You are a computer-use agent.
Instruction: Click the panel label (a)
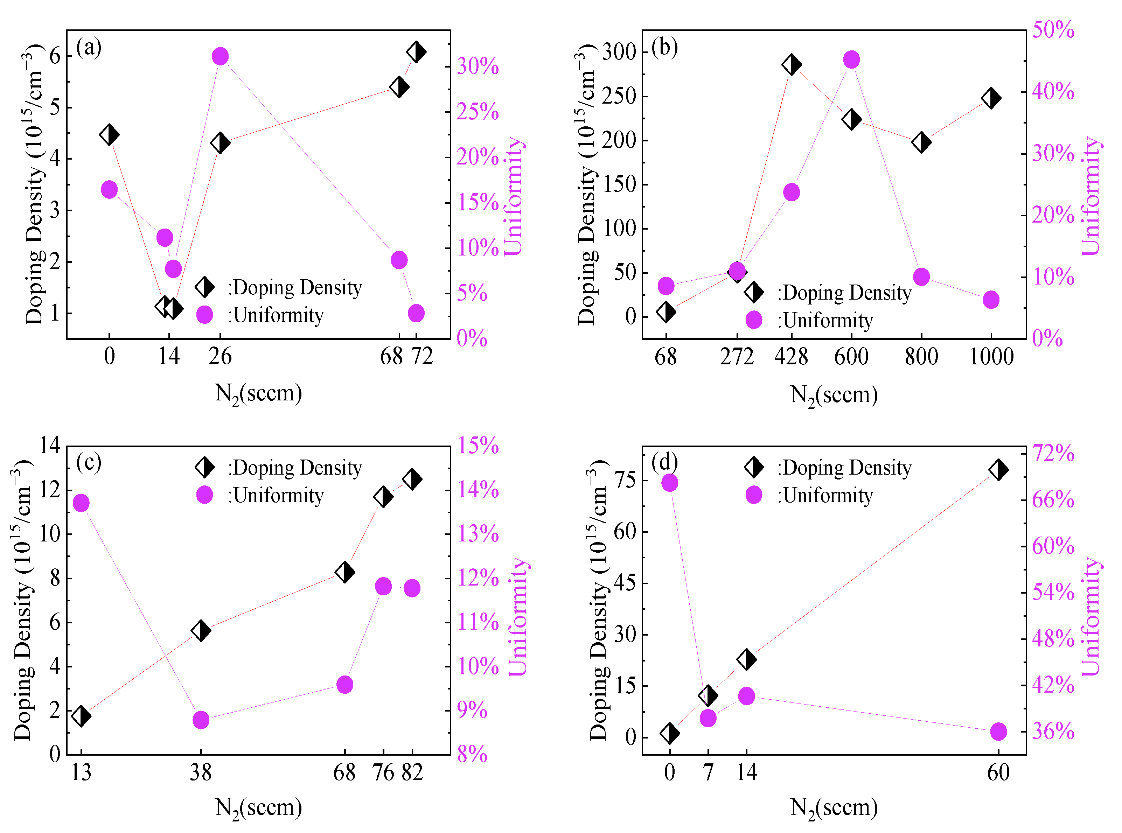(89, 48)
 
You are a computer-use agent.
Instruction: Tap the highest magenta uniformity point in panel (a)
(220, 56)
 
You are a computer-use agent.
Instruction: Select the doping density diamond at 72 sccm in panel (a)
(416, 51)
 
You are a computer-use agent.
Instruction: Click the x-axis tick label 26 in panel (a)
(220, 357)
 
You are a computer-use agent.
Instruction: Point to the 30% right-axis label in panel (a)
(477, 66)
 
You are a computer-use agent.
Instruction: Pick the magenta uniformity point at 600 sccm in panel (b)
(851, 59)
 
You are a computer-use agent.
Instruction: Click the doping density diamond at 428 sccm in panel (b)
(791, 64)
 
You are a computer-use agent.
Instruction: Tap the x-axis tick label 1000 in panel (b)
(991, 357)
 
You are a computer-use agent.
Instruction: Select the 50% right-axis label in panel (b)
(1053, 30)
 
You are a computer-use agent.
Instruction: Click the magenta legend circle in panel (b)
(753, 320)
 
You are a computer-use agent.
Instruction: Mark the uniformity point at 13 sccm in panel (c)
(81, 503)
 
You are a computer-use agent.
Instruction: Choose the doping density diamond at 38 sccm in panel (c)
(201, 630)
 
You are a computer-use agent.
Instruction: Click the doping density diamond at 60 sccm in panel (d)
(998, 469)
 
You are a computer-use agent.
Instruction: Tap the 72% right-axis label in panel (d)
(1053, 453)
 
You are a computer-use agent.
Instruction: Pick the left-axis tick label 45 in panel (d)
(625, 583)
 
